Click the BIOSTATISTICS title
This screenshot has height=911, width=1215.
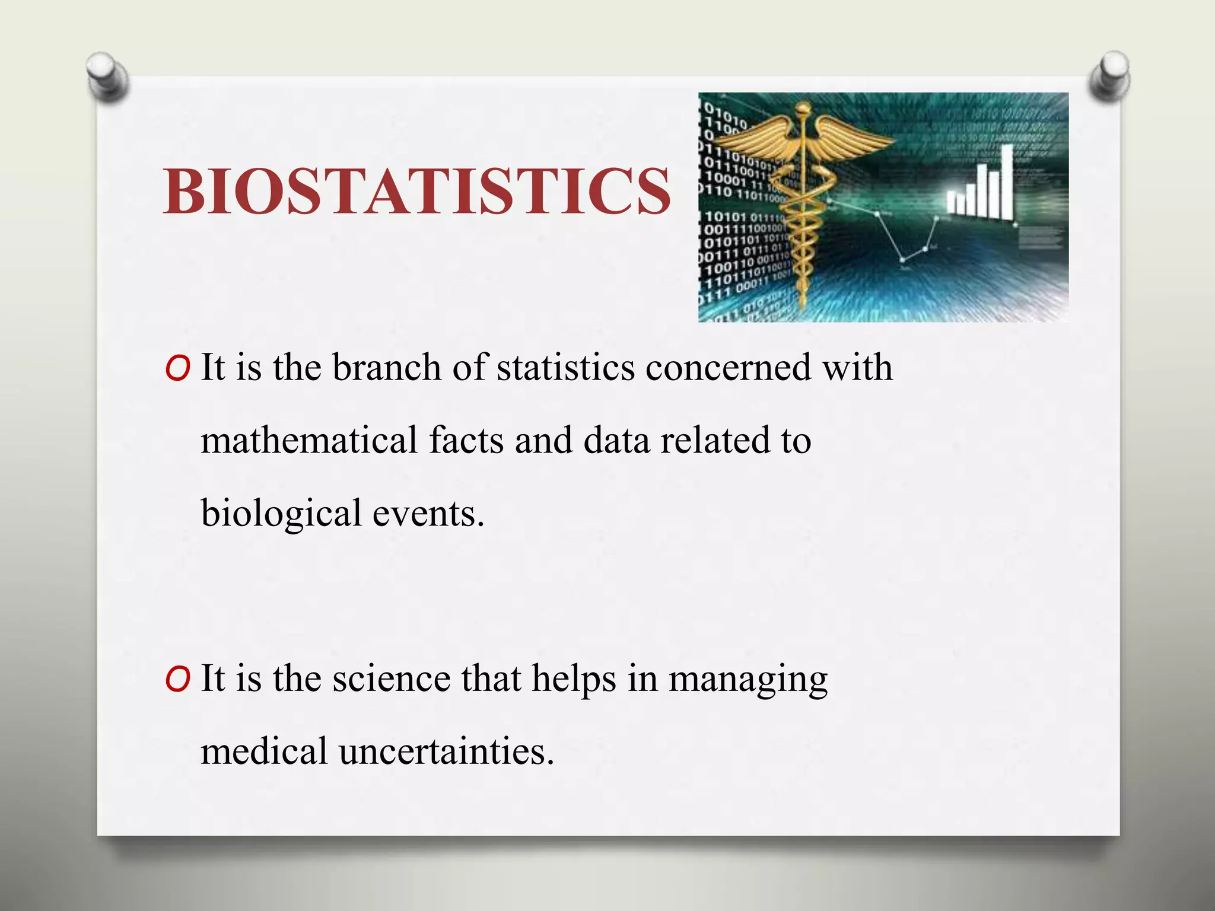[x=417, y=190]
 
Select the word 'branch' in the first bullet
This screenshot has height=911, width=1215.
[x=387, y=367]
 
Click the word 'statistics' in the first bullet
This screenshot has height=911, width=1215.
[x=565, y=367]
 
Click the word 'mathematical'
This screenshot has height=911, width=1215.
[x=309, y=440]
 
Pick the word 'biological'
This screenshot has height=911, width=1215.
[x=281, y=513]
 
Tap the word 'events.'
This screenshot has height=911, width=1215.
[x=428, y=513]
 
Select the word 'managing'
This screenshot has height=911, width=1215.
[x=748, y=679]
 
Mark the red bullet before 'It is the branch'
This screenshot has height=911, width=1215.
[x=178, y=370]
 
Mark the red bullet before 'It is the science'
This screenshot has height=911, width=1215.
[x=178, y=680]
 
